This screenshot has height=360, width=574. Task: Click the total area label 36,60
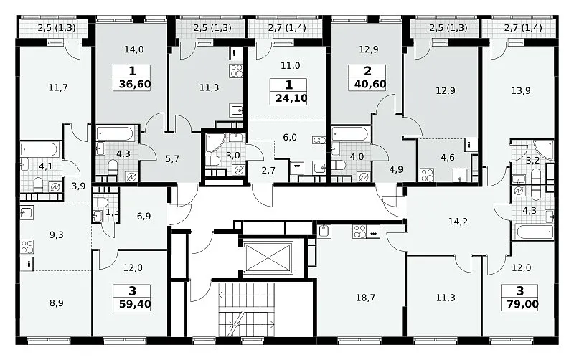[135, 85]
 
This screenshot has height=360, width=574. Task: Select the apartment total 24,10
[291, 98]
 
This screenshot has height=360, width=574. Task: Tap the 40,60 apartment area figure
[370, 85]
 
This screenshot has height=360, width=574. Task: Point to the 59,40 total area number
[135, 304]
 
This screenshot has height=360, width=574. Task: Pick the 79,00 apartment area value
[523, 304]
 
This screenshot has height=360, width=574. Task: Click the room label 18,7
[365, 298]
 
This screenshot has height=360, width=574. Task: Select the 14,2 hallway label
[458, 222]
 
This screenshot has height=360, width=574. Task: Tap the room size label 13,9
[521, 90]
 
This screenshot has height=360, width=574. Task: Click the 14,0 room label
[134, 49]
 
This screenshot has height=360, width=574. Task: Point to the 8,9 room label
[57, 303]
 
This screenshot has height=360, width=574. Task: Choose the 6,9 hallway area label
[144, 217]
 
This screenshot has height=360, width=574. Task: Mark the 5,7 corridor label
[172, 158]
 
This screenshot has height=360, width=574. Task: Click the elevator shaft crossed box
[269, 257]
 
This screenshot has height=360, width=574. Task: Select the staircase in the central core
[247, 309]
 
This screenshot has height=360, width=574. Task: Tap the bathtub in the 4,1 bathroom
[39, 150]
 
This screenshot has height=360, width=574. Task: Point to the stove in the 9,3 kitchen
[27, 247]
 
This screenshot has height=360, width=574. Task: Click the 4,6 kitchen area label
[448, 158]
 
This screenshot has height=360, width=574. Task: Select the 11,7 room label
[58, 87]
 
